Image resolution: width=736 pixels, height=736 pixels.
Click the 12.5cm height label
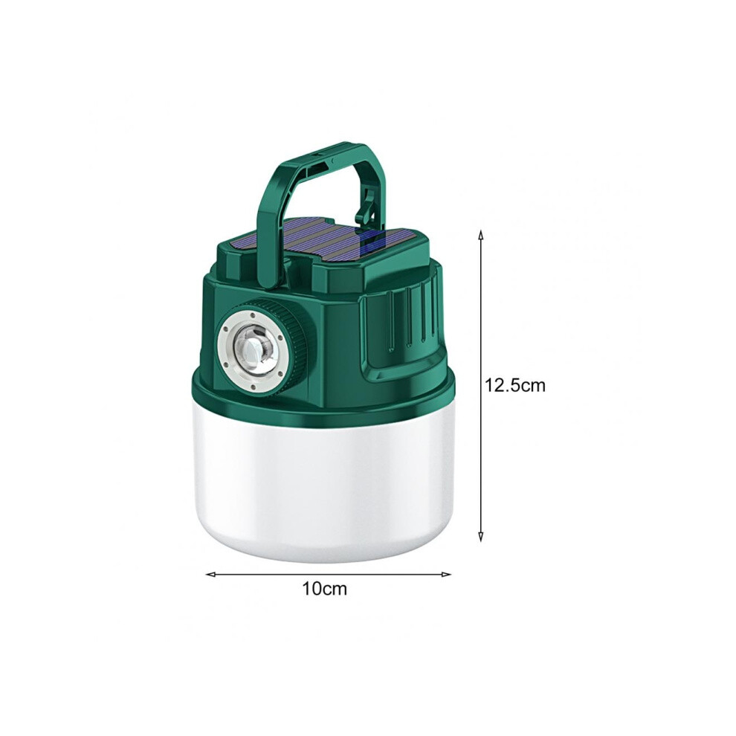click(x=515, y=385)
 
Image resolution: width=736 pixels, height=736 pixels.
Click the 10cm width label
click(x=324, y=589)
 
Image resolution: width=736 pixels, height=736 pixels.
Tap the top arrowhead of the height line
click(x=480, y=233)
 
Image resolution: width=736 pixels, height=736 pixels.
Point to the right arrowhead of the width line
click(x=446, y=574)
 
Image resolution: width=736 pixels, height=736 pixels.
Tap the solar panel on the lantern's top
click(x=324, y=241)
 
